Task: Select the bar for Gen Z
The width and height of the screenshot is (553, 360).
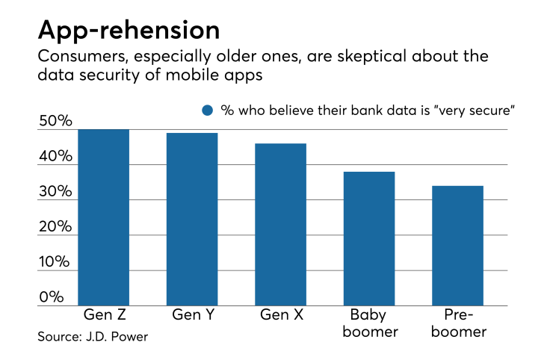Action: pos(103,217)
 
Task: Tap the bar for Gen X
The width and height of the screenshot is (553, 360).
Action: pos(280,224)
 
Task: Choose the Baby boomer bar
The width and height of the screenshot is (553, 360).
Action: pos(369,238)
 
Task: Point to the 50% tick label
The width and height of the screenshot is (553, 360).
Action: pos(56,122)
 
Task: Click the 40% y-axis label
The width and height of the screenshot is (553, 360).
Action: pos(56,157)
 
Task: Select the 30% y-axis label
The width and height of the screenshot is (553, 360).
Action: pos(56,192)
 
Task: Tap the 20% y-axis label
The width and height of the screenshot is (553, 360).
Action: pos(56,227)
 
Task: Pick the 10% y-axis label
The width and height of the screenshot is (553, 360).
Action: pos(56,262)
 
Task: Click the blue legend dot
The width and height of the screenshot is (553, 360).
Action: pos(208,110)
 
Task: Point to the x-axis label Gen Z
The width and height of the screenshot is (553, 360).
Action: pos(103,314)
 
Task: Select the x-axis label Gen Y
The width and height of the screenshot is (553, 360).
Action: pos(192,314)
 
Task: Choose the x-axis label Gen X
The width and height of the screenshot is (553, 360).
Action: pos(280,314)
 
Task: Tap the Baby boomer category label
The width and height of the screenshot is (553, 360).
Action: pos(369,322)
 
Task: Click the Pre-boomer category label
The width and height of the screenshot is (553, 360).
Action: pos(457,322)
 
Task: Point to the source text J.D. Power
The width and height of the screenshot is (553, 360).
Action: pos(93,337)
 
